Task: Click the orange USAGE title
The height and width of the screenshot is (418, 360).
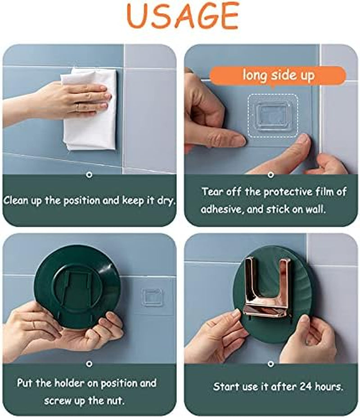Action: click(x=182, y=16)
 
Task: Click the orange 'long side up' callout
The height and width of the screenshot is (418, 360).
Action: click(x=278, y=75)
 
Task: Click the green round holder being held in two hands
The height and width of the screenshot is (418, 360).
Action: click(x=77, y=284)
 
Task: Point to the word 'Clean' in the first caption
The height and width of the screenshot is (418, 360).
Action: click(x=16, y=200)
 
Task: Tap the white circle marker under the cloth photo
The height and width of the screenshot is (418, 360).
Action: click(x=90, y=175)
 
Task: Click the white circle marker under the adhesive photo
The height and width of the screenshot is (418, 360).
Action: click(x=271, y=175)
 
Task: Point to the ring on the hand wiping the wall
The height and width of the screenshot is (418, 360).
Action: click(x=77, y=108)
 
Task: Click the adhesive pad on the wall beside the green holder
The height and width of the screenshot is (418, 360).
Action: click(x=152, y=296)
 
